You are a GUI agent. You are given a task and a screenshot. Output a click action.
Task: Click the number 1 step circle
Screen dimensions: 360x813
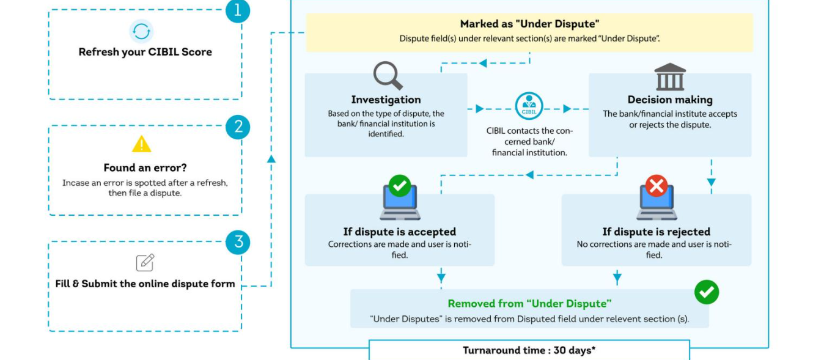pos(238,11)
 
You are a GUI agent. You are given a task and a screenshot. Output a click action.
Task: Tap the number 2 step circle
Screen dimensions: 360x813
pos(238,127)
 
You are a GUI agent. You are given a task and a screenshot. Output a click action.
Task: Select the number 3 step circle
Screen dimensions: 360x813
pos(238,242)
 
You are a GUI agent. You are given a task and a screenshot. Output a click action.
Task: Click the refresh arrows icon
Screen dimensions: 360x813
pos(141,31)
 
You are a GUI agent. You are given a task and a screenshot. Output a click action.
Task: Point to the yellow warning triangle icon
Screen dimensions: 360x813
pos(141,144)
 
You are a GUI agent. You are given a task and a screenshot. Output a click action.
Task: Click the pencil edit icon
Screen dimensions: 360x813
pos(145,262)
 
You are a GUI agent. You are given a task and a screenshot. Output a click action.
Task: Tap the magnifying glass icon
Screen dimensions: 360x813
pos(388,76)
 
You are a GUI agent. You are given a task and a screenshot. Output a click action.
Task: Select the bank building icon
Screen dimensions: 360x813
pos(670,76)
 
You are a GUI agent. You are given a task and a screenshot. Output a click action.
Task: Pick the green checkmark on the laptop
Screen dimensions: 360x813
pos(400,185)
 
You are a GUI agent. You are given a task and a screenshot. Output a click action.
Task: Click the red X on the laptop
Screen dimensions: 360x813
pos(657,185)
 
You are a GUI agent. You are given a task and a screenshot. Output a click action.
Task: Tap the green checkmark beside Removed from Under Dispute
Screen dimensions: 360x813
pos(707,292)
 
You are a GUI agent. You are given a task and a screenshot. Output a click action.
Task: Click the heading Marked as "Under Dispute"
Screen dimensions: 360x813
pos(529,24)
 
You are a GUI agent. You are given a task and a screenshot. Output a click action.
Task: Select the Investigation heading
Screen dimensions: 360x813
pos(386,100)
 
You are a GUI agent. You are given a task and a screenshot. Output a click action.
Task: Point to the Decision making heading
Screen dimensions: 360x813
pos(670,100)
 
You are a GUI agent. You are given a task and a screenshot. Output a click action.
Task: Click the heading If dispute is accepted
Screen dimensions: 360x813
pos(399,232)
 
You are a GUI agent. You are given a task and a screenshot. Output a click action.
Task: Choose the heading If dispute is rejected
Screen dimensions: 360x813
pos(656,232)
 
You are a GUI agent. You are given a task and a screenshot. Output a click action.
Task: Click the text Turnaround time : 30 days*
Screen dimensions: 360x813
pos(529,350)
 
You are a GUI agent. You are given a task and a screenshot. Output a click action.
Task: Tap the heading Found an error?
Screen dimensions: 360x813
pos(145,167)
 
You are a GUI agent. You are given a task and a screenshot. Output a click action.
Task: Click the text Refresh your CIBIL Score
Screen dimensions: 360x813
pos(145,52)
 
